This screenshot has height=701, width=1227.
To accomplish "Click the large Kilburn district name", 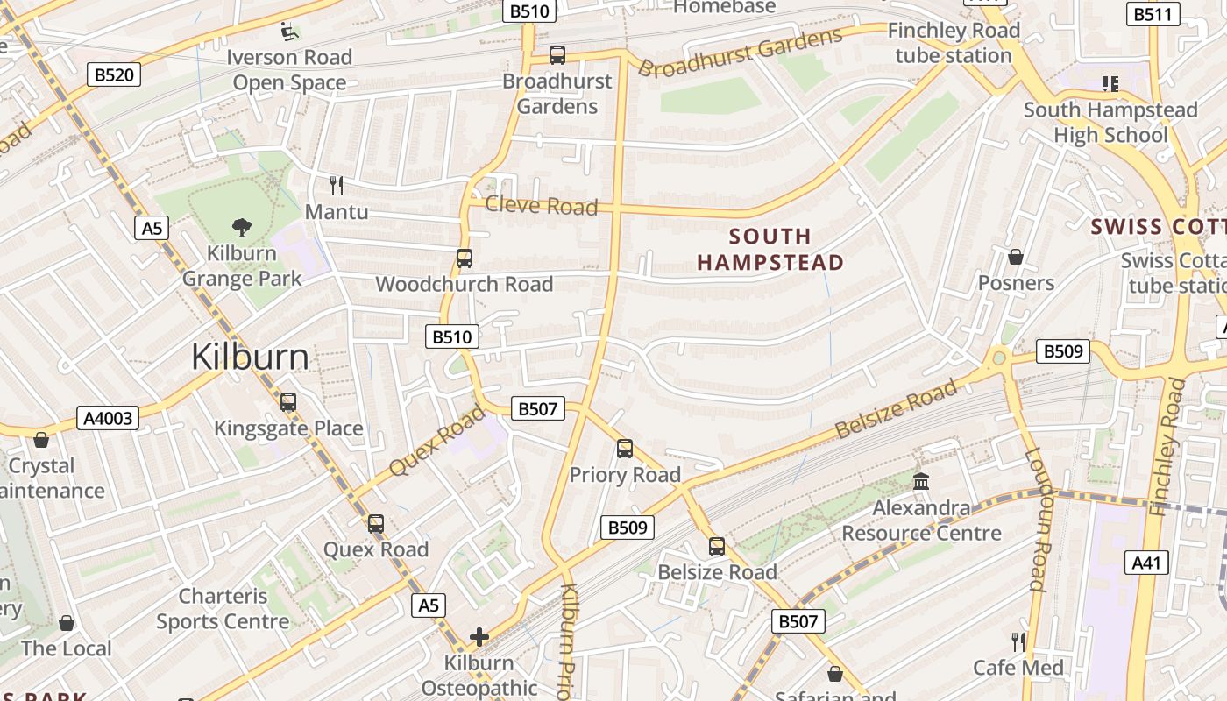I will (250, 358).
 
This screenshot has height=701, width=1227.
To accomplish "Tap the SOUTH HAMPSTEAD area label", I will (770, 249).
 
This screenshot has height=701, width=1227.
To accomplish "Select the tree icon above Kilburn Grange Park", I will (242, 228).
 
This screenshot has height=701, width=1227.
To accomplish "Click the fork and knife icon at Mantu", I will (336, 185).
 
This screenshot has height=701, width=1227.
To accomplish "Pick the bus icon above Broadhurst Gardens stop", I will (557, 55).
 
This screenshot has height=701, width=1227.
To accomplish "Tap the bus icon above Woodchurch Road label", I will (465, 258).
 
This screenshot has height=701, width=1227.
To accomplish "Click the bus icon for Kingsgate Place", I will (288, 402).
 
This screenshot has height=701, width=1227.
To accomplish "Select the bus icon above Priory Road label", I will (625, 449).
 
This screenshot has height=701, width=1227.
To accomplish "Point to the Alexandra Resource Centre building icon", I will (921, 481).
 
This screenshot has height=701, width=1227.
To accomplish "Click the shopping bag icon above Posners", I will (1016, 257).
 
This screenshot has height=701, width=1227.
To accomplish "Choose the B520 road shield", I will (114, 74).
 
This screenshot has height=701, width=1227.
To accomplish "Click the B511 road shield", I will (1152, 14).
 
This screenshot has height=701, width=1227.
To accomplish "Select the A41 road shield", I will (1146, 563).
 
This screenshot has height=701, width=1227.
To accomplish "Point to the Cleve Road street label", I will (541, 206).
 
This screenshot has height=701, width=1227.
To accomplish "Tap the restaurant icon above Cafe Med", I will (1018, 642).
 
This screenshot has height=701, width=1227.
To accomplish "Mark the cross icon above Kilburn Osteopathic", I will (479, 636).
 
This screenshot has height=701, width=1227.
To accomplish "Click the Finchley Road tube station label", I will (954, 43).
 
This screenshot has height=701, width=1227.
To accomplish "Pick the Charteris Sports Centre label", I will (223, 609).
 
